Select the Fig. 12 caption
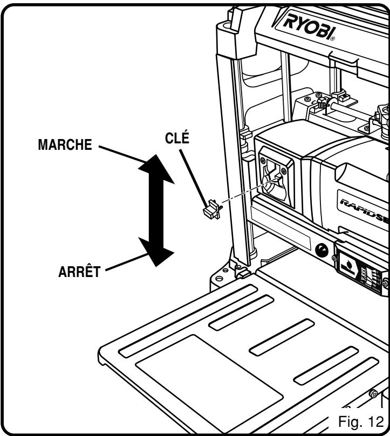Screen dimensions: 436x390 point(358,419)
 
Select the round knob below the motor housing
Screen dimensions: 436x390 point(322,250)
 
